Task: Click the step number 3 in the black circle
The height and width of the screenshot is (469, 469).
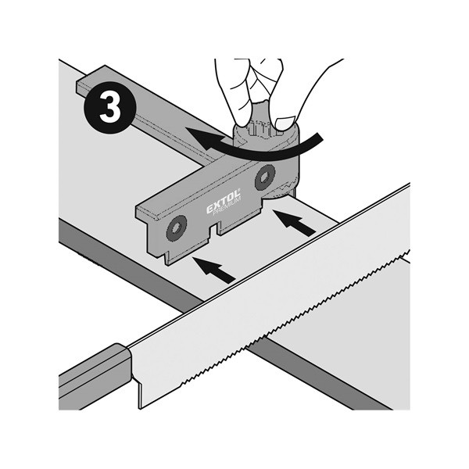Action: pos(110,107)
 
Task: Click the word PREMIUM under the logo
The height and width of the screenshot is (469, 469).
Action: pos(227,207)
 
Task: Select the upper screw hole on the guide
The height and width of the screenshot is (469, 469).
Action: pos(265,177)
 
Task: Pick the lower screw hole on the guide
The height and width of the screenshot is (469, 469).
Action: pos(177,228)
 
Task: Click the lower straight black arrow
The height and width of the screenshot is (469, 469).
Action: pos(214,270)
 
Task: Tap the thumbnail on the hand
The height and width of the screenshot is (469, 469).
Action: pos(285,123)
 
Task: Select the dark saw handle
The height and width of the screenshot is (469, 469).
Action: pos(95,378)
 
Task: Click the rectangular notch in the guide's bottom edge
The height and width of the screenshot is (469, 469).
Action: pos(213,231)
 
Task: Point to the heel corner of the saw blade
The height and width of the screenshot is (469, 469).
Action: pos(140,408)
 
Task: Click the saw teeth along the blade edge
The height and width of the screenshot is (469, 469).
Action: pos(295,317)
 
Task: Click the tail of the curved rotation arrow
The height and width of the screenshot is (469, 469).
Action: pos(320,138)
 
